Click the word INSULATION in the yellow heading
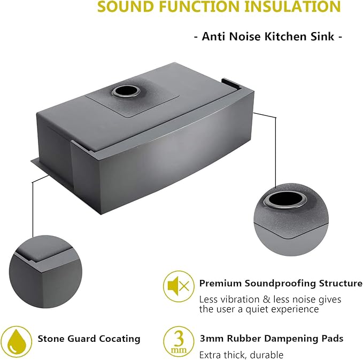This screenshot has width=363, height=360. tap(292, 6)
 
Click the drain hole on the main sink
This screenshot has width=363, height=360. tap(126, 91)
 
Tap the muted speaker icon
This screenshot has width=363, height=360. tap(179, 286)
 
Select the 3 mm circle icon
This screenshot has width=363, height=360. tap(179, 341)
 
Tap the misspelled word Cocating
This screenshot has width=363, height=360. tap(120, 339)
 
